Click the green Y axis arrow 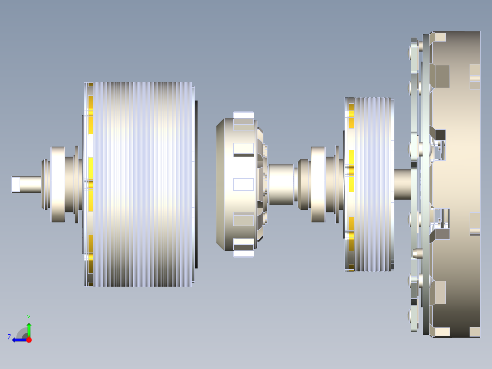[x=29, y=329]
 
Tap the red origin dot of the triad [x=29, y=340]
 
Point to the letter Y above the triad [x=28, y=317]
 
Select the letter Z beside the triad [x=9, y=337]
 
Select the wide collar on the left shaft [x=58, y=184]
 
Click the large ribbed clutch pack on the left [x=141, y=184]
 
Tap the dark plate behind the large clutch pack [x=196, y=184]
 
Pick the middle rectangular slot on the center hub [x=243, y=184]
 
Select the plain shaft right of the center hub [x=281, y=184]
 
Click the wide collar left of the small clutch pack [x=318, y=184]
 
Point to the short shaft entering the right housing [x=402, y=184]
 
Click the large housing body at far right [x=456, y=184]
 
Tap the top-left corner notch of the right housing [x=439, y=37]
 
